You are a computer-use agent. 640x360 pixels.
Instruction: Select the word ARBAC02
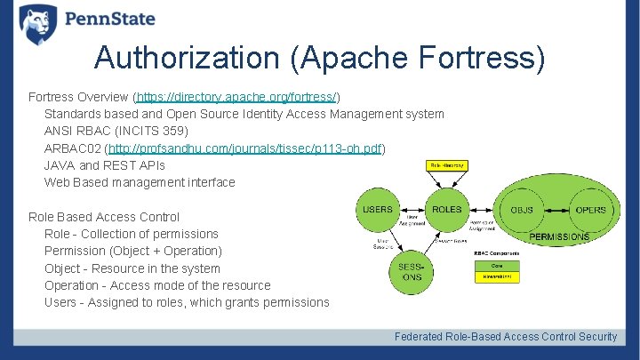[x=72, y=148]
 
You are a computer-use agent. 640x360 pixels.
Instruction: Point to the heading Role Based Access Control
[x=104, y=217]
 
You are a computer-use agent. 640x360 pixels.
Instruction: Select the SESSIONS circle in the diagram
[x=411, y=272]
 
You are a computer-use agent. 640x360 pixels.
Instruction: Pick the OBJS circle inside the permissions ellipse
[x=522, y=211]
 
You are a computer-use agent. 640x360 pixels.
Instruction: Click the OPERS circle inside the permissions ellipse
[x=589, y=211]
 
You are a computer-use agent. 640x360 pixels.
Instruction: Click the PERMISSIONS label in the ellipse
[x=559, y=237]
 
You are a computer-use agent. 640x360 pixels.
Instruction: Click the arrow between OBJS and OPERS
[x=556, y=211]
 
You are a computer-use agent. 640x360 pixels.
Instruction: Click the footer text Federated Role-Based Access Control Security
[x=506, y=337]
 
